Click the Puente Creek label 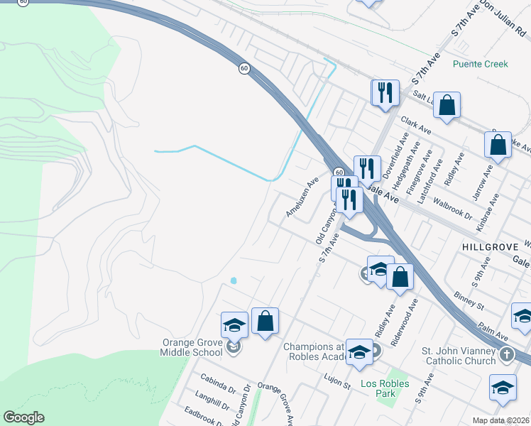(481, 64)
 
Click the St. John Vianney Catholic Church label (459, 356)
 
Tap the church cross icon (506, 354)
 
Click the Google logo (23, 417)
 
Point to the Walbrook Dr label (454, 208)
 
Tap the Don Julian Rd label (503, 20)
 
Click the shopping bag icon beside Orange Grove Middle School (265, 322)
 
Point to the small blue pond (234, 280)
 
